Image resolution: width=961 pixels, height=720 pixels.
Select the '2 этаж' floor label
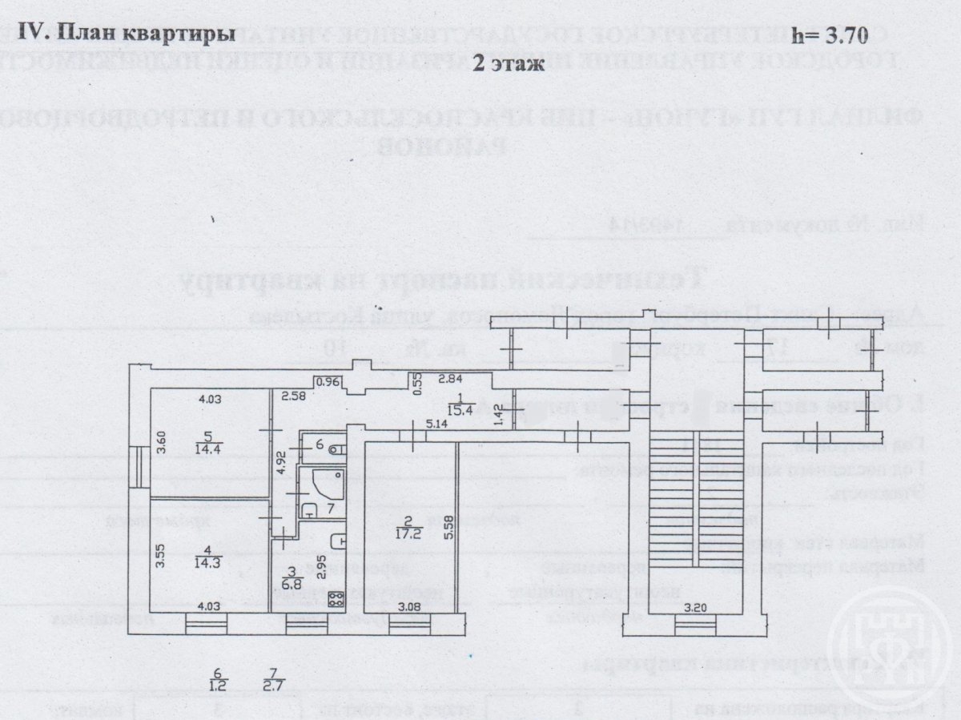click(509, 65)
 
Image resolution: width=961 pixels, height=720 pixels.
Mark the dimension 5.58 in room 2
click(449, 529)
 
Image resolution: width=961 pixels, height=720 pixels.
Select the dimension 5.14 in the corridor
click(437, 424)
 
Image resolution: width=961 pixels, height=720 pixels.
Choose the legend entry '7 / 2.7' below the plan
click(273, 680)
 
